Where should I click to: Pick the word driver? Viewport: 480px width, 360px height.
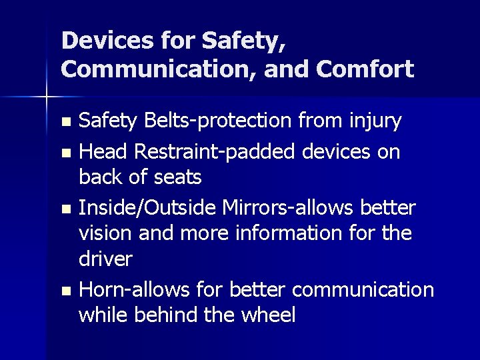(x=106, y=259)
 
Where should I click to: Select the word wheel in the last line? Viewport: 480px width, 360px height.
(x=266, y=315)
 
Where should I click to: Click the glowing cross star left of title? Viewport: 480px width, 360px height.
(x=46, y=97)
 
